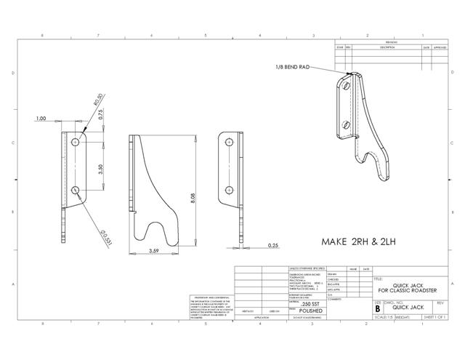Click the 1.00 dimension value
(41, 118)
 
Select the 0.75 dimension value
(102, 114)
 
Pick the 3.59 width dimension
(154, 251)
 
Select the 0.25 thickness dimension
(273, 246)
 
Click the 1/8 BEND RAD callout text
(293, 67)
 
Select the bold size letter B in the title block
(377, 308)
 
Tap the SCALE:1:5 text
(384, 317)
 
